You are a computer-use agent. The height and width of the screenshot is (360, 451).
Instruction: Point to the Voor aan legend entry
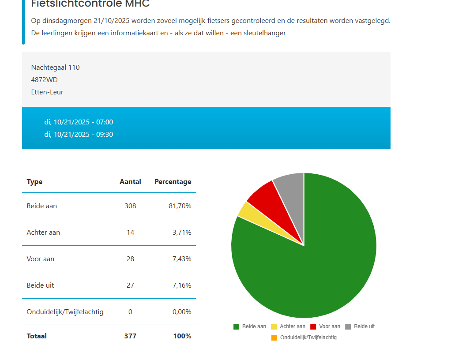pyautogui.click(x=325, y=326)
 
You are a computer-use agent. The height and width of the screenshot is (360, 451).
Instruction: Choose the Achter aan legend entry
pyautogui.click(x=288, y=326)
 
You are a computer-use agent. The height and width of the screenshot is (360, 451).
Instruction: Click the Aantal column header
pyautogui.click(x=130, y=182)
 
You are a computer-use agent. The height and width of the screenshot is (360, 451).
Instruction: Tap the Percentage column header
pyautogui.click(x=173, y=182)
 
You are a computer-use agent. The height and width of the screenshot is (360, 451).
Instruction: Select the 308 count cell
pyautogui.click(x=130, y=206)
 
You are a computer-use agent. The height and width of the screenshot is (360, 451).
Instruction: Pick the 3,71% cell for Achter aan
pyautogui.click(x=181, y=232)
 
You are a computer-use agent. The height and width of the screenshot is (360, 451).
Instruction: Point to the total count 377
pyautogui.click(x=130, y=336)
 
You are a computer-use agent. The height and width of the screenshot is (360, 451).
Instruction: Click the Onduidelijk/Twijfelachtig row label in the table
pyautogui.click(x=65, y=312)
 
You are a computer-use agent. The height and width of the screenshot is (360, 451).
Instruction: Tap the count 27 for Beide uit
pyautogui.click(x=130, y=285)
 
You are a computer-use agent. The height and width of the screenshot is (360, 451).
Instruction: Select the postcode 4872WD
pyautogui.click(x=44, y=80)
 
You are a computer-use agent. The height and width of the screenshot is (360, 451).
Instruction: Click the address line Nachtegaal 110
pyautogui.click(x=55, y=67)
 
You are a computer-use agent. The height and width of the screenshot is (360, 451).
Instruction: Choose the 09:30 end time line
pyautogui.click(x=79, y=135)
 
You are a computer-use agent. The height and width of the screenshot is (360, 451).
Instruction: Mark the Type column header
pyautogui.click(x=34, y=182)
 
